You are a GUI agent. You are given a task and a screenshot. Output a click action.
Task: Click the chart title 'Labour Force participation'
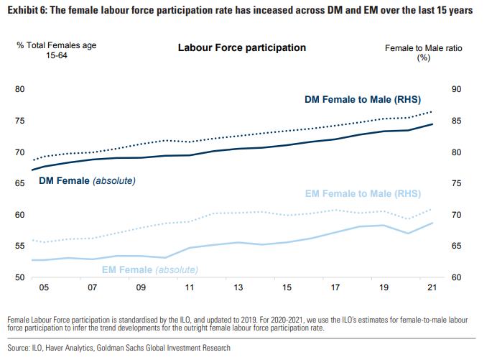click(x=241, y=47)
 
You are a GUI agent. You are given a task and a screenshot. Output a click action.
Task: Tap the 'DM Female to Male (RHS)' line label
click(x=363, y=98)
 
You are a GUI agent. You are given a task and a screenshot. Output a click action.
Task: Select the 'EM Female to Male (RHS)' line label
click(x=363, y=193)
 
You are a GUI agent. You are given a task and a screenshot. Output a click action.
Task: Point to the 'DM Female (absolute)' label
click(x=87, y=180)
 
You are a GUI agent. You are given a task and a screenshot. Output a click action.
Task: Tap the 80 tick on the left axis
click(x=20, y=90)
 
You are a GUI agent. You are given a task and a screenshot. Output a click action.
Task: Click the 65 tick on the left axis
click(x=20, y=184)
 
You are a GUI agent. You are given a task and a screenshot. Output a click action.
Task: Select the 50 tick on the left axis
click(x=20, y=278)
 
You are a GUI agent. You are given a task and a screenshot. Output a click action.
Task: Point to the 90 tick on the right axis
click(x=456, y=90)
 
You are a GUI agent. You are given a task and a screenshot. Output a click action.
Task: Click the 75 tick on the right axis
click(x=456, y=184)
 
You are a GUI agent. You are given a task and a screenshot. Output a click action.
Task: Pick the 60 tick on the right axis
click(x=456, y=278)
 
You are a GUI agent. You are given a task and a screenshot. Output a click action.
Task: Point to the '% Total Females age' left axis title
click(x=57, y=45)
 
